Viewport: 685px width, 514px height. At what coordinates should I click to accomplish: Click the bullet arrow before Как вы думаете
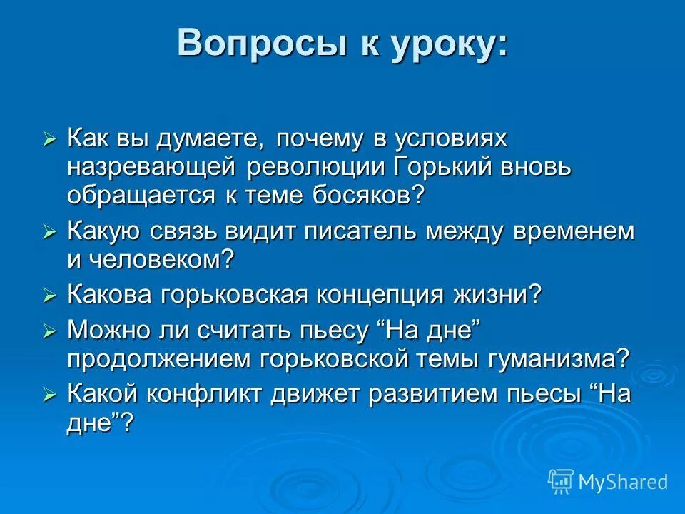click(49, 138)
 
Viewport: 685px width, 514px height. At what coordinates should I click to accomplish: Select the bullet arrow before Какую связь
click(49, 232)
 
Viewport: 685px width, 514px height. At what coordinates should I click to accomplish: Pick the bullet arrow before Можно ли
click(49, 331)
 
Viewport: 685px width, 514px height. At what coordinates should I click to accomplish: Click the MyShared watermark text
click(623, 482)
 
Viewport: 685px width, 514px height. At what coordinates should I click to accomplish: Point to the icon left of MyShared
click(561, 482)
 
